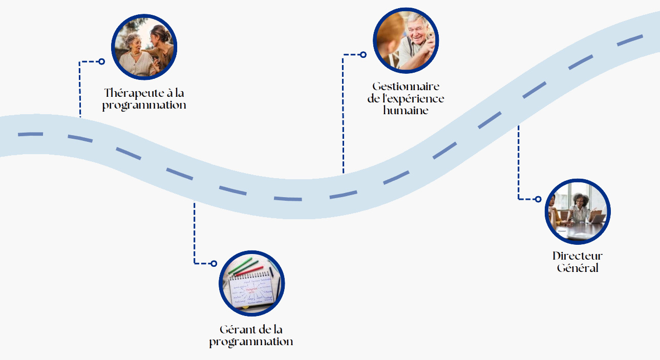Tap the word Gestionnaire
click(x=406, y=87)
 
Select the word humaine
click(x=406, y=110)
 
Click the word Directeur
click(x=578, y=256)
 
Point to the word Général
click(x=578, y=268)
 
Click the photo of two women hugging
click(x=144, y=48)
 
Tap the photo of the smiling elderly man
click(x=406, y=41)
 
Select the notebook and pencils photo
click(x=252, y=284)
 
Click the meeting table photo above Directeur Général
click(x=578, y=211)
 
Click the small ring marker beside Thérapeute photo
click(x=101, y=61)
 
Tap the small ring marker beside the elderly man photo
click(x=363, y=54)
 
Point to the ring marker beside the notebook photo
click(x=214, y=263)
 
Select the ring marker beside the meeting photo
click(x=538, y=199)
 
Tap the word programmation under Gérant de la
click(x=251, y=342)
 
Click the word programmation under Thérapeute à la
click(x=144, y=105)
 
